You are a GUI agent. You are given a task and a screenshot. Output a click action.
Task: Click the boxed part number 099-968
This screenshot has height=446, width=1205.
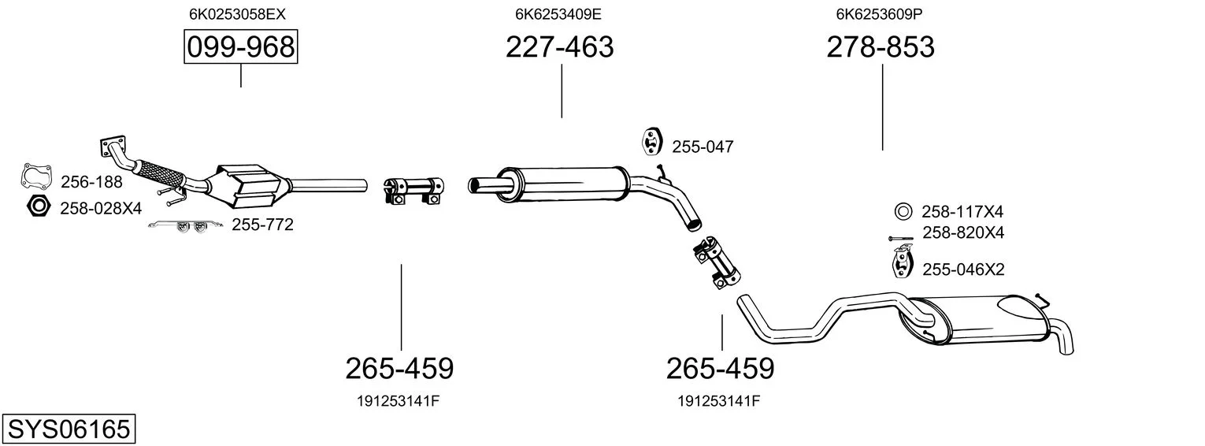240,46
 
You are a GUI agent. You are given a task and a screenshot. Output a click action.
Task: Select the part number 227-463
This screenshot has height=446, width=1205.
559,46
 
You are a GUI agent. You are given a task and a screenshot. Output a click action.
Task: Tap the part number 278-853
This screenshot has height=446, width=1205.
881,46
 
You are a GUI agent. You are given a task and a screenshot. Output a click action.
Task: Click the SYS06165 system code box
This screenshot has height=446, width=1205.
69,429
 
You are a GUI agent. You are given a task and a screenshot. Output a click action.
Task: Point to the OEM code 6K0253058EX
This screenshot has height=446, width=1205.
237,14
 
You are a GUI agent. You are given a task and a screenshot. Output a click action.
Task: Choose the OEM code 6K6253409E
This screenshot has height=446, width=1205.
558,14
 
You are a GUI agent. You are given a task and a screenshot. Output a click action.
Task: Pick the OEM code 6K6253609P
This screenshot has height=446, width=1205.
879,14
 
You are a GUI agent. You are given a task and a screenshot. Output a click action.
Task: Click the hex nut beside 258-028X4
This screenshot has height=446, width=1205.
38,206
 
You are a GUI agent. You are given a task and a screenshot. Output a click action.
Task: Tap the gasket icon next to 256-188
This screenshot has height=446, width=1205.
36,177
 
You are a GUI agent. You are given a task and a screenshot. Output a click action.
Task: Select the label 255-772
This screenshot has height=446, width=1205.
262,225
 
